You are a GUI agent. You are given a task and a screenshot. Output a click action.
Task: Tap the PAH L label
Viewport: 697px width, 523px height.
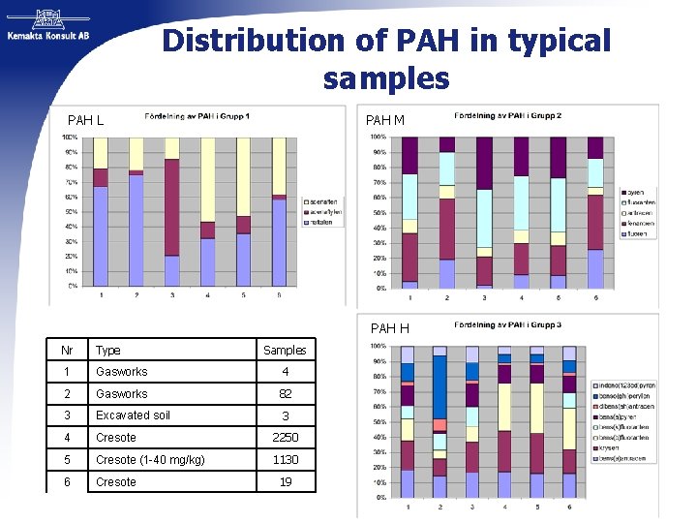[x=85, y=121]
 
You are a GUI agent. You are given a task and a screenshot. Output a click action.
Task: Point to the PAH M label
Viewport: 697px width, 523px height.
[x=384, y=120]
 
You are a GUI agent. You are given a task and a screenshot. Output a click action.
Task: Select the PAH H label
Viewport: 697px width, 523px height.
[x=389, y=328]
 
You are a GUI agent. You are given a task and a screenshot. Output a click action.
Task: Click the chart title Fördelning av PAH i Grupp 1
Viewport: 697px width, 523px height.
[x=197, y=116]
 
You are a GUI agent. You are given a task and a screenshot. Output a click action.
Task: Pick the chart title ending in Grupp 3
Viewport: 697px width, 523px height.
[x=507, y=324]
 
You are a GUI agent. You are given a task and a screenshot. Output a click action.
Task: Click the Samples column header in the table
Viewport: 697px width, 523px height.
[x=285, y=351]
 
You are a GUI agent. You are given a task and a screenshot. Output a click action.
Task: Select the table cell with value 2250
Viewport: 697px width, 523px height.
[x=285, y=438]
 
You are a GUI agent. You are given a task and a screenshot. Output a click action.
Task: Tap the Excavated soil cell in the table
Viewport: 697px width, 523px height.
[x=134, y=415]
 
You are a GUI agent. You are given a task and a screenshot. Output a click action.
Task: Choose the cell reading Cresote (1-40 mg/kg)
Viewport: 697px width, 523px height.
[x=148, y=460]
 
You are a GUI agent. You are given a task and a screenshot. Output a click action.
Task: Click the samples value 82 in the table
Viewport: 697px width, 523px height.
[x=285, y=394]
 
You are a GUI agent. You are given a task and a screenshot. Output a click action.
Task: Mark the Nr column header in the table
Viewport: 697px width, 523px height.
[x=66, y=351]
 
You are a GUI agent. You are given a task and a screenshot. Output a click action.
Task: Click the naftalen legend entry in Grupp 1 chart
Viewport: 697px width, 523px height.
[x=323, y=221]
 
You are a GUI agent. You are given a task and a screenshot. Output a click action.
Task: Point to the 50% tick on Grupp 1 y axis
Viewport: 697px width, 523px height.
[x=71, y=212]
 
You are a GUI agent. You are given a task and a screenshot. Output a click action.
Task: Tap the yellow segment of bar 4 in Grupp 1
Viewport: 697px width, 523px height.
[x=206, y=179]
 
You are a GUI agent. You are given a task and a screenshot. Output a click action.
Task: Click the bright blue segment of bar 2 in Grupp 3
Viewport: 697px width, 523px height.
[x=439, y=386]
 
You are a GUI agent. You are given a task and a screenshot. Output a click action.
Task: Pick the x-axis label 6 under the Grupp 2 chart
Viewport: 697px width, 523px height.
[x=595, y=297]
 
